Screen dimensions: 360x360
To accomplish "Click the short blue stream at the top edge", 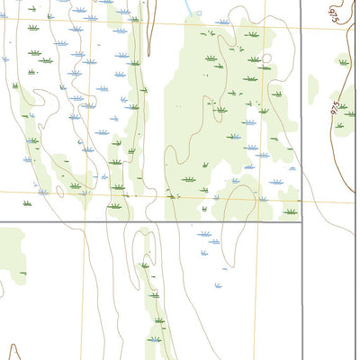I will point(189,7).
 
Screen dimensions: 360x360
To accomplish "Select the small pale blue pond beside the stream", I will point(198,14).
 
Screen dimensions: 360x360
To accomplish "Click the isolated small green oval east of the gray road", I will point(313,87).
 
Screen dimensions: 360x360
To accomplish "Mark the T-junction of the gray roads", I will point(301,221).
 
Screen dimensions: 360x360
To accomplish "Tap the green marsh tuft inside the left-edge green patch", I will point(22,273).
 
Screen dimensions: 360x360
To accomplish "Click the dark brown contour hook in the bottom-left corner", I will point(11,351).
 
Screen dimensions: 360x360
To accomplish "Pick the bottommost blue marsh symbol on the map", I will point(155,339).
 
